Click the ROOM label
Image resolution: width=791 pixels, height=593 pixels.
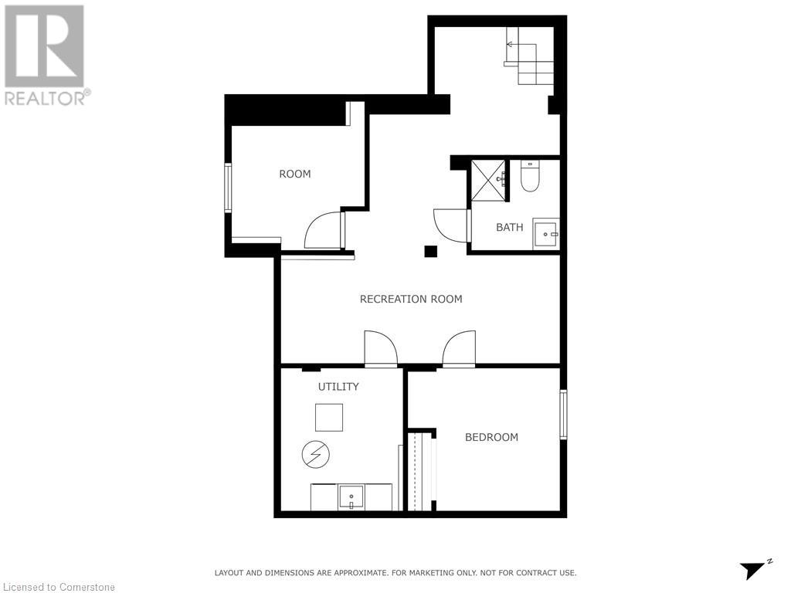294,174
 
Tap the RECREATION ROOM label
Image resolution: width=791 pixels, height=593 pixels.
411,299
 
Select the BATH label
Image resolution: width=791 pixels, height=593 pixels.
509,227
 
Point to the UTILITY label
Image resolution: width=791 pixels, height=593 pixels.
338,386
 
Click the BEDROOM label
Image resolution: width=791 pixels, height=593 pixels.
491,437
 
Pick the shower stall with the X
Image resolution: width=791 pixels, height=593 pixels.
488,181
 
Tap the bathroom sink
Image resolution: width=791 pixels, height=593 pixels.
546,233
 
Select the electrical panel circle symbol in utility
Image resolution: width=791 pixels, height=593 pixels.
315,453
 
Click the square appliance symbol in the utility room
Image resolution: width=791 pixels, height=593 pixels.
328,417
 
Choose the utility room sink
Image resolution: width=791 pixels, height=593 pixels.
351,496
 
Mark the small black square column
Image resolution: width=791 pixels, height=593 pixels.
430,251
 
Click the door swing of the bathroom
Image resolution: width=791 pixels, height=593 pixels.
450,225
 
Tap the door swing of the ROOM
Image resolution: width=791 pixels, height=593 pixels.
324,231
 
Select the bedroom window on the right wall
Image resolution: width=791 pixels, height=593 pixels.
563,415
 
